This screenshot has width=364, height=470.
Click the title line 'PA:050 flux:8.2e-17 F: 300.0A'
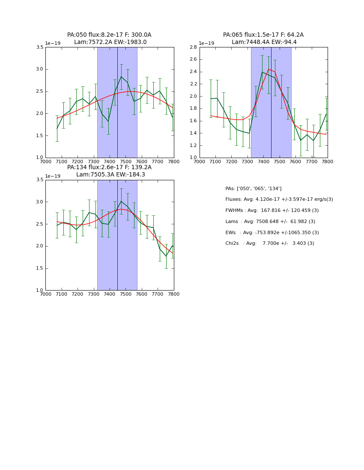[x=109, y=35]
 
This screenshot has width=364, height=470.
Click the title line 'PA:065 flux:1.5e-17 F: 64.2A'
[x=263, y=35]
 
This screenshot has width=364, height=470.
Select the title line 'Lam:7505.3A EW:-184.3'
[x=110, y=175]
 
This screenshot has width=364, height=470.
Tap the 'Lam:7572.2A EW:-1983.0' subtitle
[x=110, y=42]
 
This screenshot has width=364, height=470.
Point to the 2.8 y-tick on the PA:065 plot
[x=193, y=47]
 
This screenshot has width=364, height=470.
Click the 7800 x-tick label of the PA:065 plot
[x=328, y=161]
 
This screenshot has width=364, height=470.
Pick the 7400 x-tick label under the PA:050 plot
[x=110, y=161]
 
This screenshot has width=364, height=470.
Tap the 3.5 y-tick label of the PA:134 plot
[x=39, y=180]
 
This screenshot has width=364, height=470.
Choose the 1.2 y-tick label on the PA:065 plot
[x=193, y=145]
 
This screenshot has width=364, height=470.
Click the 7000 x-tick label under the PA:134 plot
[x=45, y=294]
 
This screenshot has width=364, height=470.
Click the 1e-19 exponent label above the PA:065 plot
[x=206, y=43]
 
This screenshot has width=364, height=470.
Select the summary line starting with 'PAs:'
[x=254, y=188]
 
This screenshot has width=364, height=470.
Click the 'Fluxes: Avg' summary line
[x=279, y=200]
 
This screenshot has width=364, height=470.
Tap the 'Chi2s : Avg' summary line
[x=270, y=244]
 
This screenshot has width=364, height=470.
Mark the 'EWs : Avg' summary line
[x=272, y=232]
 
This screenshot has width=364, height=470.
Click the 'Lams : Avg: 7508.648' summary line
[x=270, y=221]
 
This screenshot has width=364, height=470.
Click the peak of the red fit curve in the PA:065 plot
[x=269, y=69]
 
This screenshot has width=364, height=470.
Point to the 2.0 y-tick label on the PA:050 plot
[x=39, y=113]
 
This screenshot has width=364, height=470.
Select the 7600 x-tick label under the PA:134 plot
[x=142, y=294]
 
